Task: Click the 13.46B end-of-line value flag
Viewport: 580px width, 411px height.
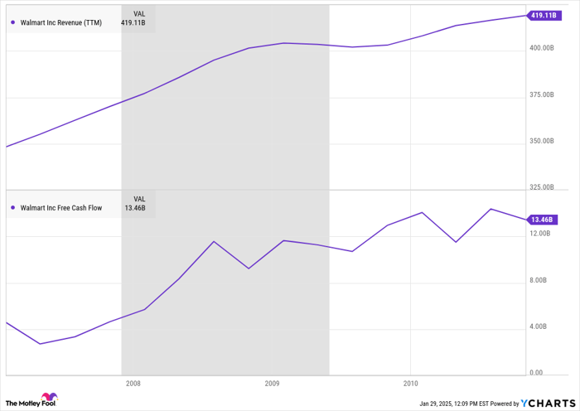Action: tap(542, 220)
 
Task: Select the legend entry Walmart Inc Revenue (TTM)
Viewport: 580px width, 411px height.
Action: tap(60, 22)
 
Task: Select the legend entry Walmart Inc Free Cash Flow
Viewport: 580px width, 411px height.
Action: tap(60, 208)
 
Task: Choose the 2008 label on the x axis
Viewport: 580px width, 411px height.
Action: tap(133, 384)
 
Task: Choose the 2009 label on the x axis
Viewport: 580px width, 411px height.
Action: tap(272, 384)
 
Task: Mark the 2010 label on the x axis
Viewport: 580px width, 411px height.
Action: tap(410, 384)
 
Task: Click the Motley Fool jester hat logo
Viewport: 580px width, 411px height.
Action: tap(49, 399)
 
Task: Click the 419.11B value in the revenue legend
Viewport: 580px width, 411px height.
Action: tap(133, 22)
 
